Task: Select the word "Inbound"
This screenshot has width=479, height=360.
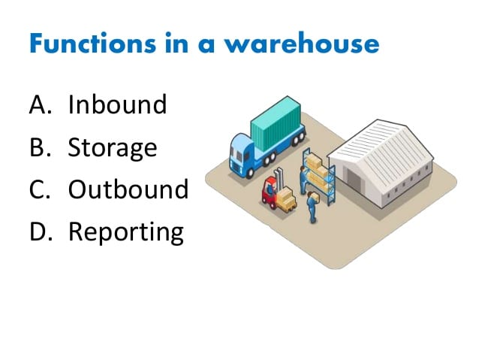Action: (x=117, y=104)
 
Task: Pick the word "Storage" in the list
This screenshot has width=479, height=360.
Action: (x=113, y=147)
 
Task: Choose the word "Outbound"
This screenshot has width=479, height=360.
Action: (x=128, y=189)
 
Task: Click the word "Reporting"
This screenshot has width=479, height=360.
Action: (x=125, y=231)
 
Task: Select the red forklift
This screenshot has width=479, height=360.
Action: (x=269, y=192)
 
